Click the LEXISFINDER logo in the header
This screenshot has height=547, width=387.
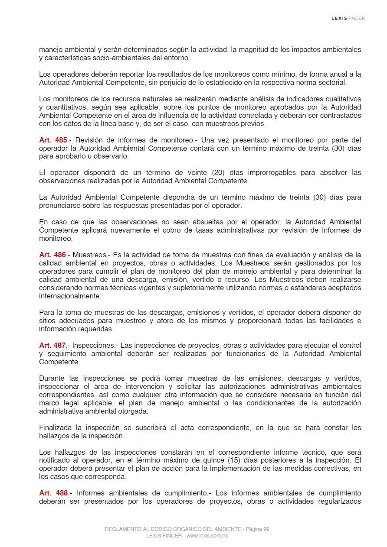coord(348,18)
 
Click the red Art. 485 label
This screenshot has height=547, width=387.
coord(53,140)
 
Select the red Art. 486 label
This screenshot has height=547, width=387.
coord(52,255)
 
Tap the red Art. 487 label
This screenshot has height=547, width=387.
coord(52,345)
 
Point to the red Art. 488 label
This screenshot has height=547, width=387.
coord(53,493)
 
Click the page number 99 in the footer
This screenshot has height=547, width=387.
coord(266,529)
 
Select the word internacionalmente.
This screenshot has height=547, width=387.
coord(70,296)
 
